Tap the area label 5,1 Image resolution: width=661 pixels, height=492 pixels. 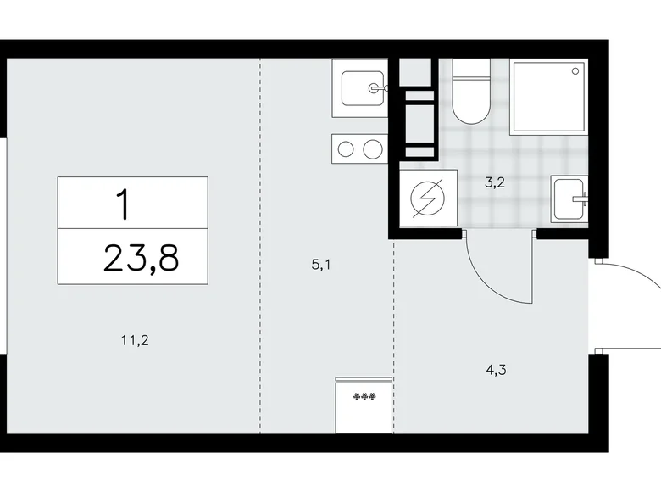pyautogui.click(x=320, y=265)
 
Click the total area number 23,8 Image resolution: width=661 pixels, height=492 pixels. pyautogui.click(x=141, y=258)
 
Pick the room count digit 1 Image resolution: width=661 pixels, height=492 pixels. pyautogui.click(x=124, y=204)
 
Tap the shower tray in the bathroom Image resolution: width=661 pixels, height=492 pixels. pyautogui.click(x=548, y=97)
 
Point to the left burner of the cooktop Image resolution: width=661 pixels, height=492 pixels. pyautogui.click(x=346, y=150)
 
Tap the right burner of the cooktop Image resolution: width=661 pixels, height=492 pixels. pyautogui.click(x=372, y=150)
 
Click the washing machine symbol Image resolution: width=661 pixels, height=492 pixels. pyautogui.click(x=423, y=201)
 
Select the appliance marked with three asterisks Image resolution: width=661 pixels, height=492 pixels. pyautogui.click(x=364, y=406)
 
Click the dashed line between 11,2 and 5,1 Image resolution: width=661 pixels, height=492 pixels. pyautogui.click(x=260, y=254)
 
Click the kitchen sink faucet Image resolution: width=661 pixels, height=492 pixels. pyautogui.click(x=379, y=87)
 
